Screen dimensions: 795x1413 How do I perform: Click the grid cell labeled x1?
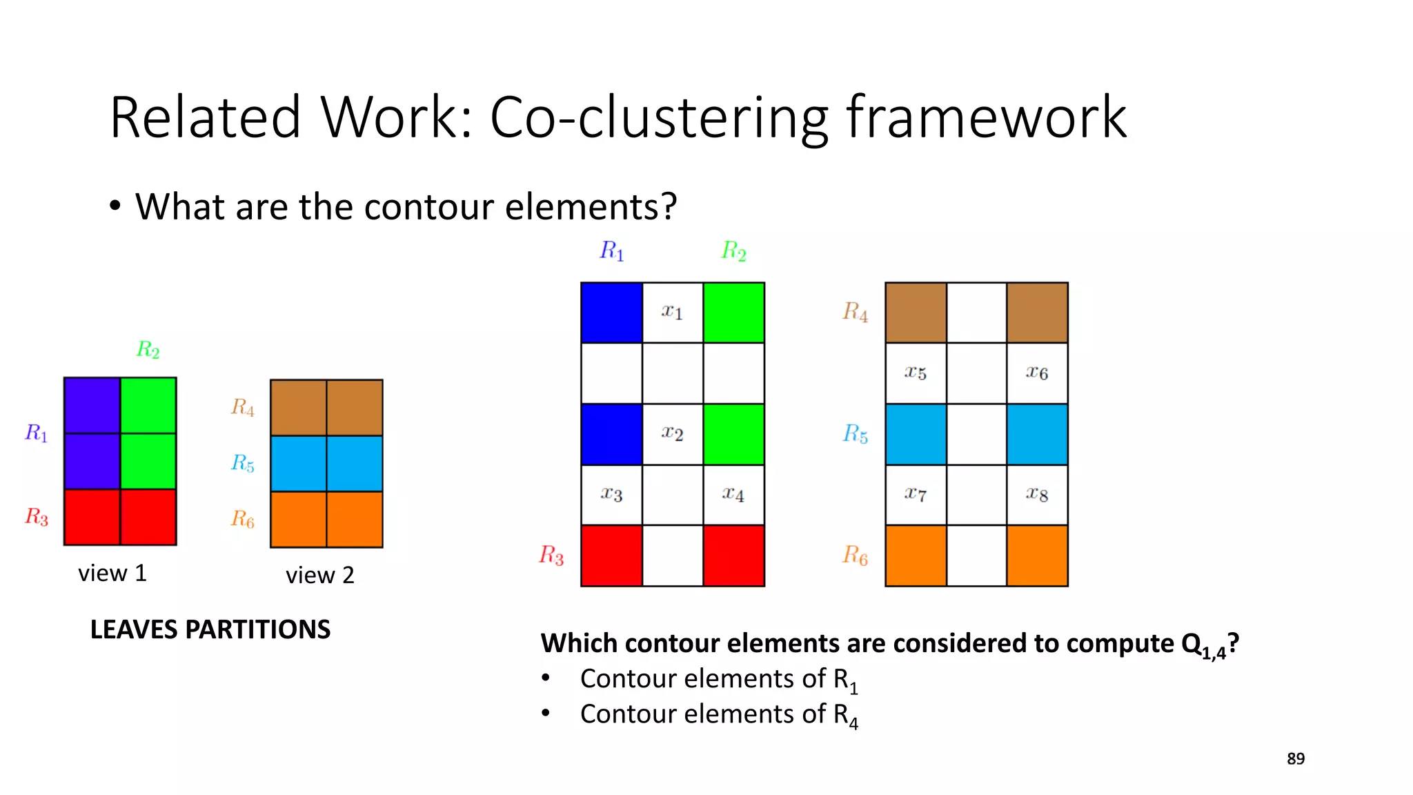pyautogui.click(x=673, y=313)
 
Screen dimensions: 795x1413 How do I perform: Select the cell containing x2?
pyautogui.click(x=673, y=434)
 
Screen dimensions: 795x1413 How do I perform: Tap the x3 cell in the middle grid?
pyautogui.click(x=611, y=495)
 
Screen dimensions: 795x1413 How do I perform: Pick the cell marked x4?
pyautogui.click(x=733, y=495)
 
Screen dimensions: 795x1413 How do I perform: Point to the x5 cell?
pyautogui.click(x=916, y=373)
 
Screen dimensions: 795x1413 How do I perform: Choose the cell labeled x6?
pyautogui.click(x=1037, y=373)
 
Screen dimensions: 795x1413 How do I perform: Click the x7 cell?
pyautogui.click(x=916, y=495)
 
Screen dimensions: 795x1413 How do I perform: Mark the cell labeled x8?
pyautogui.click(x=1037, y=495)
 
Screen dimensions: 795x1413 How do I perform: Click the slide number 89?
pyautogui.click(x=1296, y=758)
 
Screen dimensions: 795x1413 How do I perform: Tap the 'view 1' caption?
pyautogui.click(x=112, y=573)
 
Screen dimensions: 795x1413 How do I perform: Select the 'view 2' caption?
pyautogui.click(x=320, y=575)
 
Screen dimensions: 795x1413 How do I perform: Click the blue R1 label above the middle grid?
pyautogui.click(x=612, y=251)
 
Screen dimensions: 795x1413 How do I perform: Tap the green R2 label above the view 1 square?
pyautogui.click(x=148, y=350)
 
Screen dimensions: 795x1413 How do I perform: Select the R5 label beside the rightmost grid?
pyautogui.click(x=856, y=434)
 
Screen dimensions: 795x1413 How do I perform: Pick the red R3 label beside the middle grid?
pyautogui.click(x=551, y=555)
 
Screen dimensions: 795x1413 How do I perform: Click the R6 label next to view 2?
pyautogui.click(x=243, y=519)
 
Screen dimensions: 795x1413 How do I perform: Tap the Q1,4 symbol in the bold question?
pyautogui.click(x=1203, y=645)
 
